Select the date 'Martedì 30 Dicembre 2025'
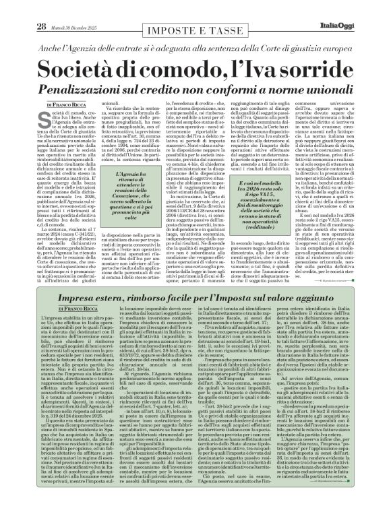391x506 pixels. tap(73, 8)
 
